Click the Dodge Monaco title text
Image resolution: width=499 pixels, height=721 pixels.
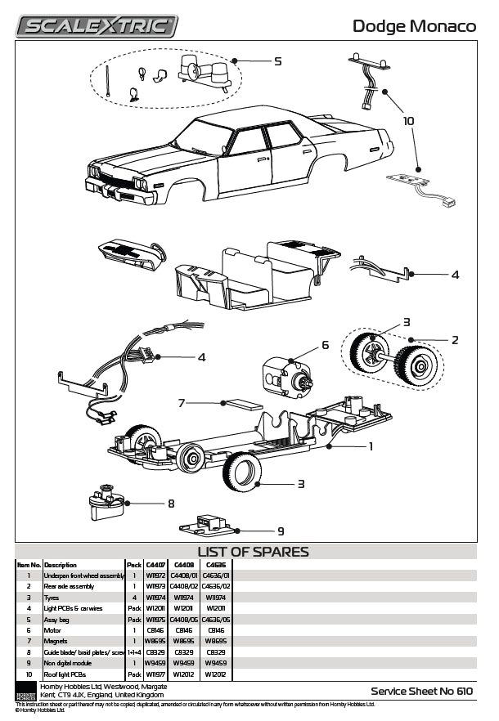pos(414,26)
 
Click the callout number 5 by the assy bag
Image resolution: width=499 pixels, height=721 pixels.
pos(277,61)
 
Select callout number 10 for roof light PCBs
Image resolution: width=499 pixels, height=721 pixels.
pos(408,121)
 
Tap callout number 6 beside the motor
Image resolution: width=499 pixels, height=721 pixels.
pos(325,345)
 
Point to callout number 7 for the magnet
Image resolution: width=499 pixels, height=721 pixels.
pos(182,402)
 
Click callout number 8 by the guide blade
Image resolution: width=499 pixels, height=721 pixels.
pos(171,503)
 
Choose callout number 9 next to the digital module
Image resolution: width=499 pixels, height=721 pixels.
pos(281,530)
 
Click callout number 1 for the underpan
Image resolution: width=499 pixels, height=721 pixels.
pos(370,446)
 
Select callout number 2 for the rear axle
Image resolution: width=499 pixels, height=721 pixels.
pos(455,339)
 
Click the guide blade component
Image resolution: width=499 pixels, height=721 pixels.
pos(106,504)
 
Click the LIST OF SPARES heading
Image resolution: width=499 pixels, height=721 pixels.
pos(253,552)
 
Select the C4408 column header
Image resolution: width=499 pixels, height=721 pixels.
pos(183,565)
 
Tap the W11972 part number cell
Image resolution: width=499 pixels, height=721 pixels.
pos(155,575)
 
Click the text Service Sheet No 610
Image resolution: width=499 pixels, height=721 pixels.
pos(421,691)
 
